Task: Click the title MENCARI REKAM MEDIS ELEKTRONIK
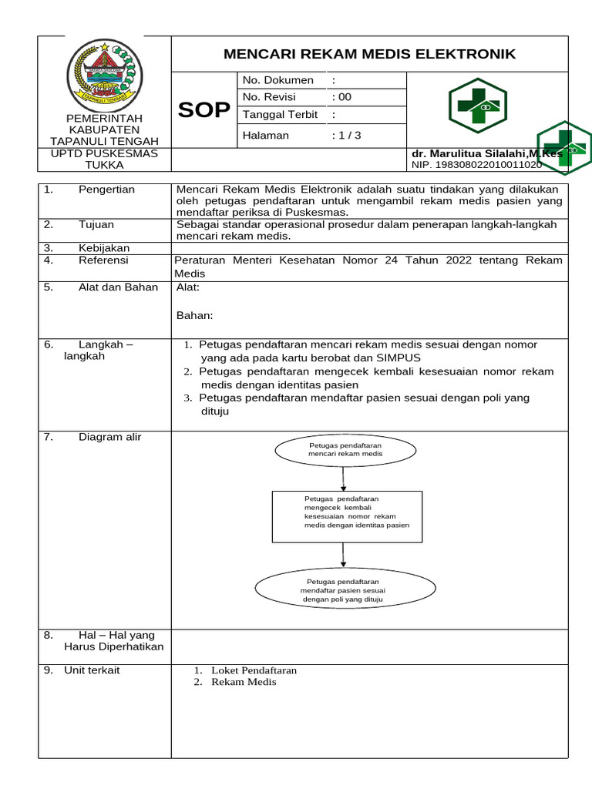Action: pyautogui.click(x=369, y=54)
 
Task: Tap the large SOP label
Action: pyautogui.click(x=204, y=110)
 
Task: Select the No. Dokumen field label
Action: pyautogui.click(x=277, y=80)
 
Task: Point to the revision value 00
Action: pyautogui.click(x=341, y=97)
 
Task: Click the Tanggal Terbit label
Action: pyautogui.click(x=281, y=114)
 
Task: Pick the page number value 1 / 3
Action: pyautogui.click(x=346, y=136)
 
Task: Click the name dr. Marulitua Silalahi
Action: pyautogui.click(x=486, y=154)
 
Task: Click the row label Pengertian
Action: pyautogui.click(x=106, y=190)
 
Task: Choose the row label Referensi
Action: pyautogui.click(x=104, y=260)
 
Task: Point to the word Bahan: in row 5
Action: pyautogui.click(x=194, y=315)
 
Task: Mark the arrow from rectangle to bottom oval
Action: pyautogui.click(x=344, y=555)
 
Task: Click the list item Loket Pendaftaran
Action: pyautogui.click(x=254, y=670)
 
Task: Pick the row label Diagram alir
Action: pyautogui.click(x=109, y=438)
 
